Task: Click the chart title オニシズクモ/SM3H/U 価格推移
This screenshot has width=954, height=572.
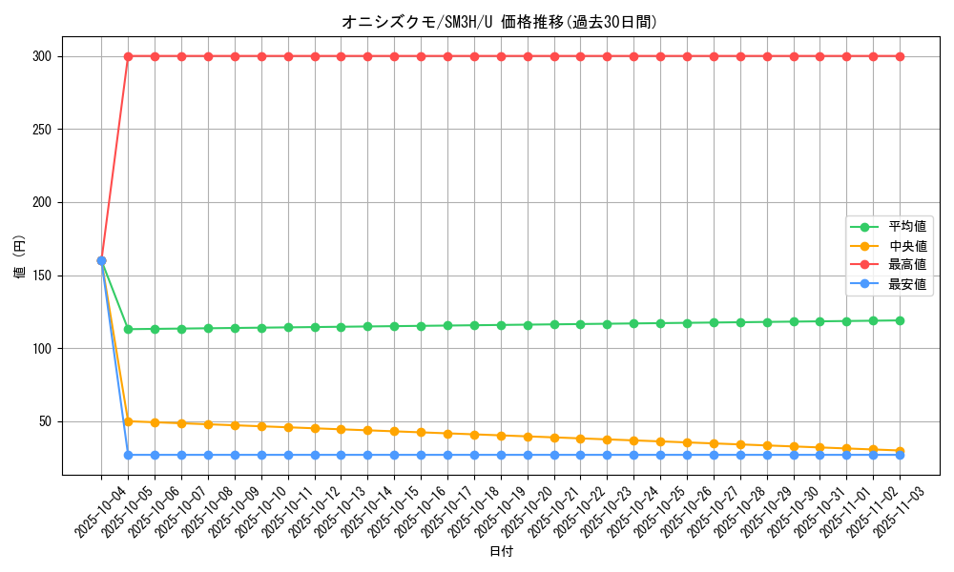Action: click(x=500, y=22)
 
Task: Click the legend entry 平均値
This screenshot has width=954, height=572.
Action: click(x=906, y=227)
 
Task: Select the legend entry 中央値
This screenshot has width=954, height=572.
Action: click(x=906, y=246)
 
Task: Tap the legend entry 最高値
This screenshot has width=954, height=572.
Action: click(x=906, y=265)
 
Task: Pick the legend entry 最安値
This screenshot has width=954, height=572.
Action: click(x=906, y=284)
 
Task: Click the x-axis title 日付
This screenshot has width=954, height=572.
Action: click(x=501, y=552)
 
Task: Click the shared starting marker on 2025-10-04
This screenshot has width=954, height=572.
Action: click(x=101, y=260)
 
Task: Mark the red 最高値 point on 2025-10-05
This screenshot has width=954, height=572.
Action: click(x=128, y=56)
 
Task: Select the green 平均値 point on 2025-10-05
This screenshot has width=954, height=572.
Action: click(x=128, y=329)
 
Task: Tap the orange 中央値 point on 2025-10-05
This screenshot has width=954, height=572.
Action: click(x=128, y=421)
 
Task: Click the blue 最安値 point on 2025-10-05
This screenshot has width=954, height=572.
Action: click(x=128, y=455)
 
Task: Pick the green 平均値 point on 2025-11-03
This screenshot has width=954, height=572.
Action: click(x=900, y=320)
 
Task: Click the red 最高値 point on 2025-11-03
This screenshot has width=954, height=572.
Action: click(x=900, y=56)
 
